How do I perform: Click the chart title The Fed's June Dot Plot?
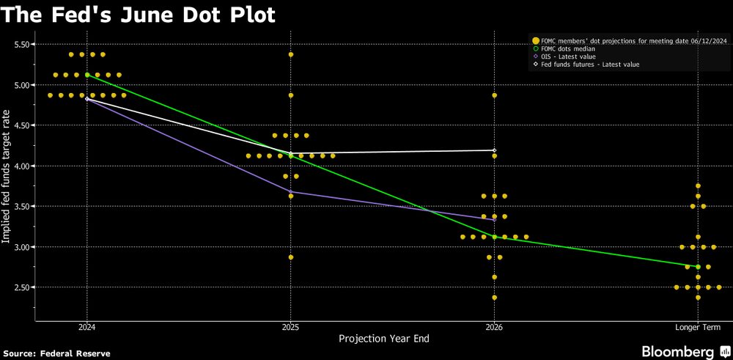(x=139, y=15)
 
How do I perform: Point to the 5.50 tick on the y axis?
(x=25, y=45)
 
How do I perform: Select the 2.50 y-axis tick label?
(x=25, y=287)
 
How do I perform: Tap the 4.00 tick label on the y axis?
(x=25, y=166)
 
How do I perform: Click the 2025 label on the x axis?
(x=291, y=327)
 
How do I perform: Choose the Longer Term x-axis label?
(x=697, y=327)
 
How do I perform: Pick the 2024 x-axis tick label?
(x=87, y=327)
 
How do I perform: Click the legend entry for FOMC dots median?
(x=567, y=48)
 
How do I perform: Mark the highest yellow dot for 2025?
(x=291, y=54)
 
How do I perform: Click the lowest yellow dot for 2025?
(x=291, y=257)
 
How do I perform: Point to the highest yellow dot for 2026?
(x=495, y=95)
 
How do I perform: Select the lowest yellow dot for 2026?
(x=495, y=298)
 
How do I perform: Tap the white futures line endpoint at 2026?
(x=495, y=150)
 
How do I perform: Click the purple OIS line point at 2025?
(x=291, y=192)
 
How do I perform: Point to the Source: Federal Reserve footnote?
(x=58, y=353)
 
